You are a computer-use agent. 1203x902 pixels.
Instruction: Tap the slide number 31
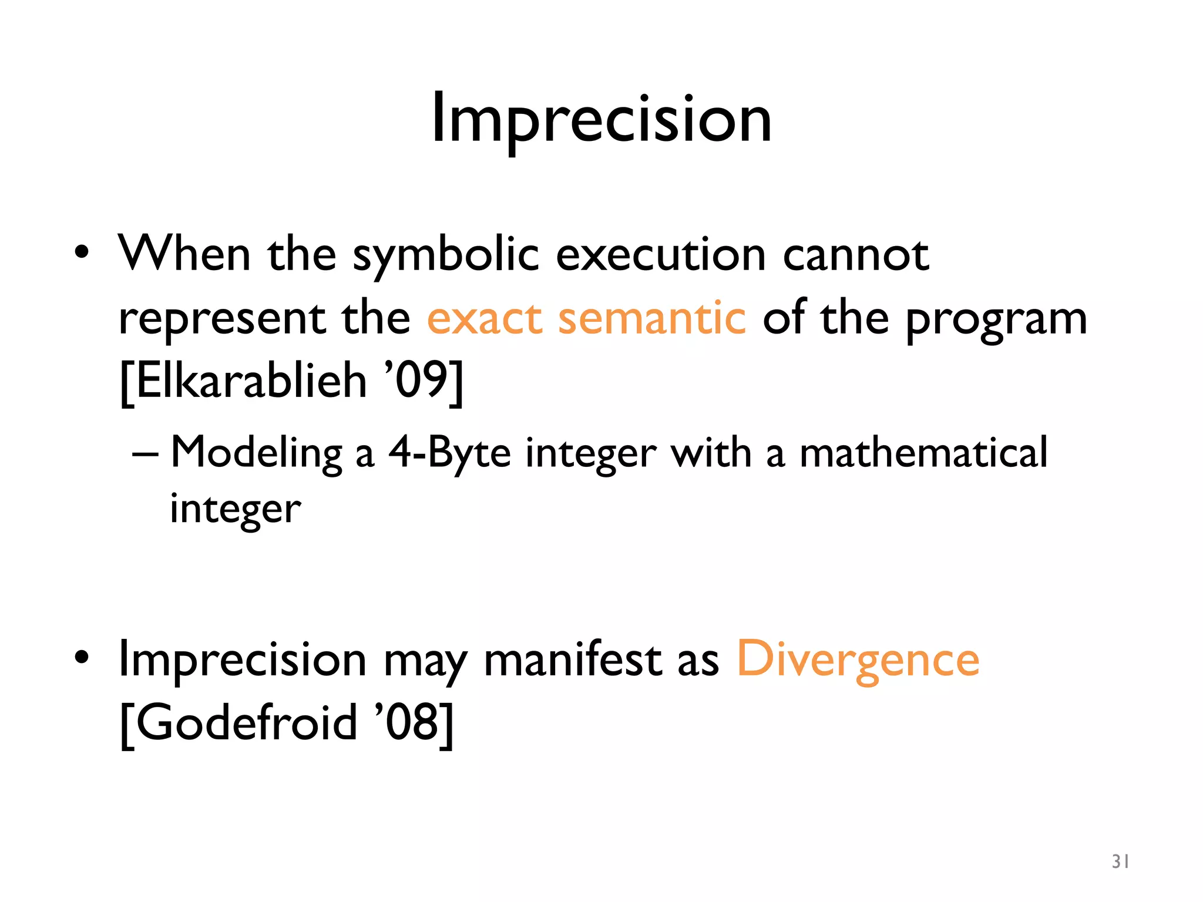tap(1120, 861)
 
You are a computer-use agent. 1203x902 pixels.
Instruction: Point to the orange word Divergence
tap(858, 659)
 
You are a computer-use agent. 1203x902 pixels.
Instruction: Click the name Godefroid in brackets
tap(247, 722)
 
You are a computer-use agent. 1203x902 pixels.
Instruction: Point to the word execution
tap(660, 255)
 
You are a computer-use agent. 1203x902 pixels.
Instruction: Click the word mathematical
tap(923, 453)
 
